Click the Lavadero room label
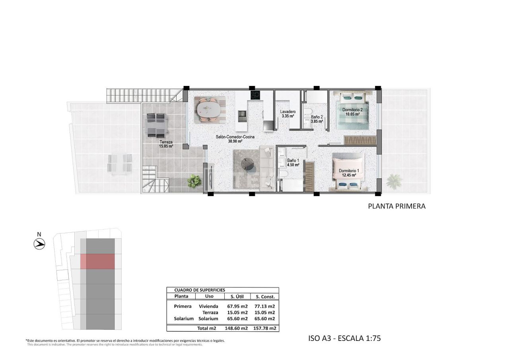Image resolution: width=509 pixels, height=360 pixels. click(287, 112)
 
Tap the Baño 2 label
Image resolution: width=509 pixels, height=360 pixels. click(317, 117)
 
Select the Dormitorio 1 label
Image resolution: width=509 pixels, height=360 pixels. click(349, 171)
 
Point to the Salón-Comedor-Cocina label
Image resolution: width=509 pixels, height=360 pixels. click(235, 137)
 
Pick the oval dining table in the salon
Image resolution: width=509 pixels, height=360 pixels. click(208, 109)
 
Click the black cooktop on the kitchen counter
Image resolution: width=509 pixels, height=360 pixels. click(255, 95)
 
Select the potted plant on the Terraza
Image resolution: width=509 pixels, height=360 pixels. click(194, 181)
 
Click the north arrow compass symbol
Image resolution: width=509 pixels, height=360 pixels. click(39, 243)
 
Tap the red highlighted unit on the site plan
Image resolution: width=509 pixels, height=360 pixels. click(98, 261)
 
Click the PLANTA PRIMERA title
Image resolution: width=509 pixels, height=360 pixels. click(396, 206)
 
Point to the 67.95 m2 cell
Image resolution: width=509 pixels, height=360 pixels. click(237, 306)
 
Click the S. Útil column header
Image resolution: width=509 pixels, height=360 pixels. click(237, 296)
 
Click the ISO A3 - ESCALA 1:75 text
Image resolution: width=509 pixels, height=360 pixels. click(345, 339)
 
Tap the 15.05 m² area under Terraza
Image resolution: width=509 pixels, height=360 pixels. click(166, 146)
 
